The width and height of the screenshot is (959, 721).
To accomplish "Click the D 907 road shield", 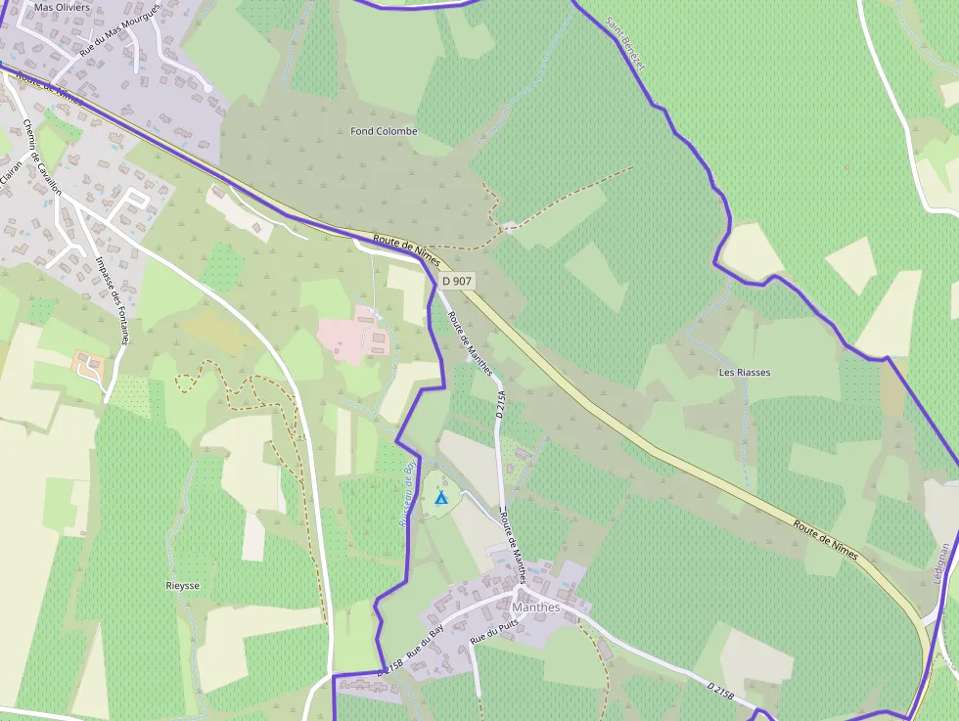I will (x=457, y=281).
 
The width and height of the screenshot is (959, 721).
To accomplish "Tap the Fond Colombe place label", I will (x=384, y=131).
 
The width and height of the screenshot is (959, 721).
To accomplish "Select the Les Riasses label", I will (x=745, y=373).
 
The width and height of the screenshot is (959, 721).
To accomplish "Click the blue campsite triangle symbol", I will (x=441, y=499).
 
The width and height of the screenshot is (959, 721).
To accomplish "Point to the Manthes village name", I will (x=536, y=607).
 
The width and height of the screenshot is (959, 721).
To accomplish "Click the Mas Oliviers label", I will (x=62, y=7).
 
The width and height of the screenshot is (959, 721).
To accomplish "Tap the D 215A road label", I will (x=500, y=402).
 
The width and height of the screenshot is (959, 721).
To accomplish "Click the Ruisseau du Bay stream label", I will (x=409, y=494).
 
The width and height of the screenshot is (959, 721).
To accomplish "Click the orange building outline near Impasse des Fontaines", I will (x=90, y=366).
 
